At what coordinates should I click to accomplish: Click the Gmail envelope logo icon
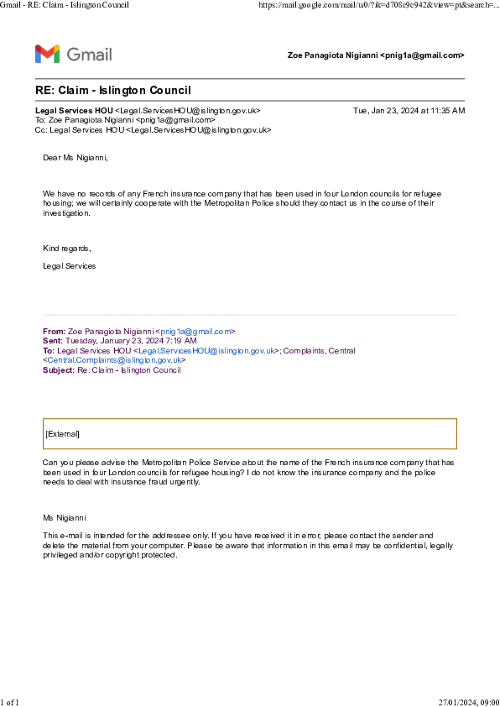pyautogui.click(x=47, y=54)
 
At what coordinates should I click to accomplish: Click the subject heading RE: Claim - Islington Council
pyautogui.click(x=113, y=90)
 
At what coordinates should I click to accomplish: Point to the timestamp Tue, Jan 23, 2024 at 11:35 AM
pyautogui.click(x=409, y=111)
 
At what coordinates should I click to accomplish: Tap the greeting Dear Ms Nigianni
pyautogui.click(x=76, y=158)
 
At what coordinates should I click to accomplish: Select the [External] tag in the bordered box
pyautogui.click(x=63, y=434)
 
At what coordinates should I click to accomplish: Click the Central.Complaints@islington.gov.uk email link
pyautogui.click(x=114, y=360)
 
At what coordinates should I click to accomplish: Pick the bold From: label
pyautogui.click(x=54, y=332)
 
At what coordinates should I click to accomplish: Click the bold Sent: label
pyautogui.click(x=53, y=341)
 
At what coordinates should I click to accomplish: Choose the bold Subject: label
pyautogui.click(x=59, y=370)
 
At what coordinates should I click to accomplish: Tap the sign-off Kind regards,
pyautogui.click(x=67, y=249)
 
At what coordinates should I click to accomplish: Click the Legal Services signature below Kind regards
pyautogui.click(x=70, y=266)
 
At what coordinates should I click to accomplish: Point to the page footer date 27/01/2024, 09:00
pyautogui.click(x=469, y=702)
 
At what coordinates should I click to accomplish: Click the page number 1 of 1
pyautogui.click(x=9, y=702)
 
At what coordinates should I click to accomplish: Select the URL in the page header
pyautogui.click(x=379, y=5)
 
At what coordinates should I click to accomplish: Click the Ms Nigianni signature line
pyautogui.click(x=65, y=518)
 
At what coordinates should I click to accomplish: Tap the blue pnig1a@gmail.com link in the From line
pyautogui.click(x=195, y=332)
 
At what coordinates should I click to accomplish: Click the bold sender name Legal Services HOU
pyautogui.click(x=74, y=111)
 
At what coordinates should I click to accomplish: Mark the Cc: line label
pyautogui.click(x=41, y=130)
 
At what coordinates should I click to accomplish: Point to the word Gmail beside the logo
pyautogui.click(x=89, y=55)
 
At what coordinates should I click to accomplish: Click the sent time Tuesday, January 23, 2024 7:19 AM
pyautogui.click(x=131, y=341)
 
